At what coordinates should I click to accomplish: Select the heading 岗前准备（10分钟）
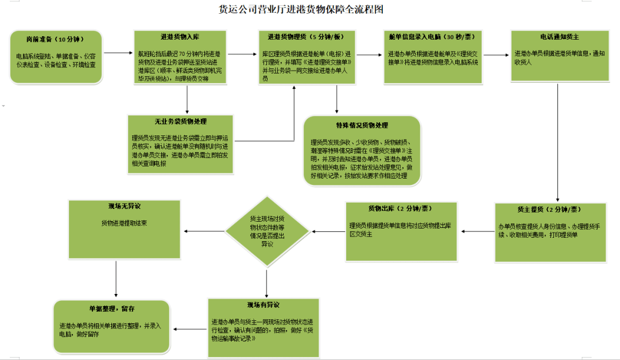point(55,40)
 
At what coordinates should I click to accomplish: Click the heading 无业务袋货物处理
point(180,122)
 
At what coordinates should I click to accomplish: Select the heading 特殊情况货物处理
point(362,125)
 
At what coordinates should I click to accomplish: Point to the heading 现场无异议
point(124,206)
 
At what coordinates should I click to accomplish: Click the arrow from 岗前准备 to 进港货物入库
point(118,53)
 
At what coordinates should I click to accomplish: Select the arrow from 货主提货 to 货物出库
point(479,232)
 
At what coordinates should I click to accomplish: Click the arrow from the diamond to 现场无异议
point(204,231)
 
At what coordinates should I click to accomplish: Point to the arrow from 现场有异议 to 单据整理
point(191,329)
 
